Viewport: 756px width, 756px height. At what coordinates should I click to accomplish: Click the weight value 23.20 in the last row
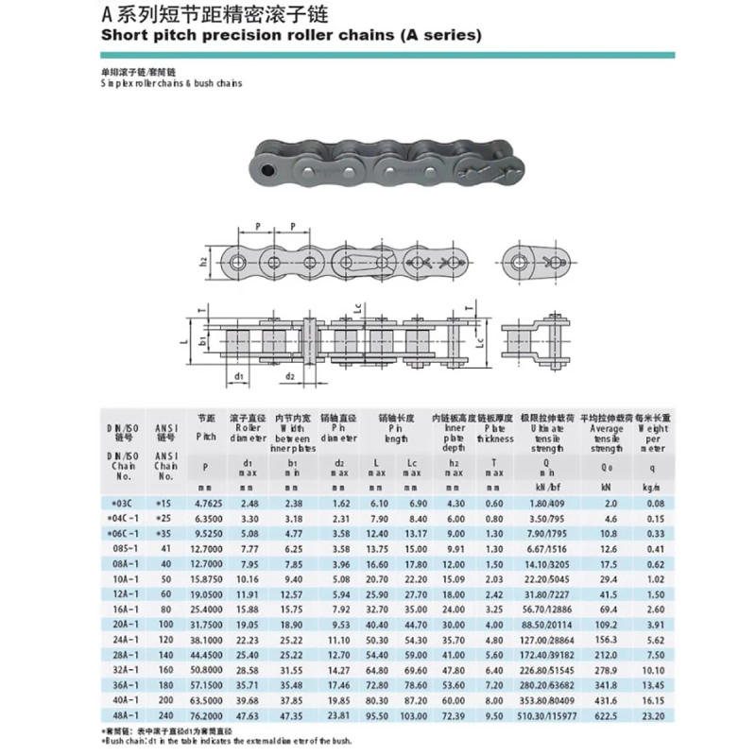(x=652, y=716)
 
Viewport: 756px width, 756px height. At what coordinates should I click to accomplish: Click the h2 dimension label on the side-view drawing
(x=204, y=260)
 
